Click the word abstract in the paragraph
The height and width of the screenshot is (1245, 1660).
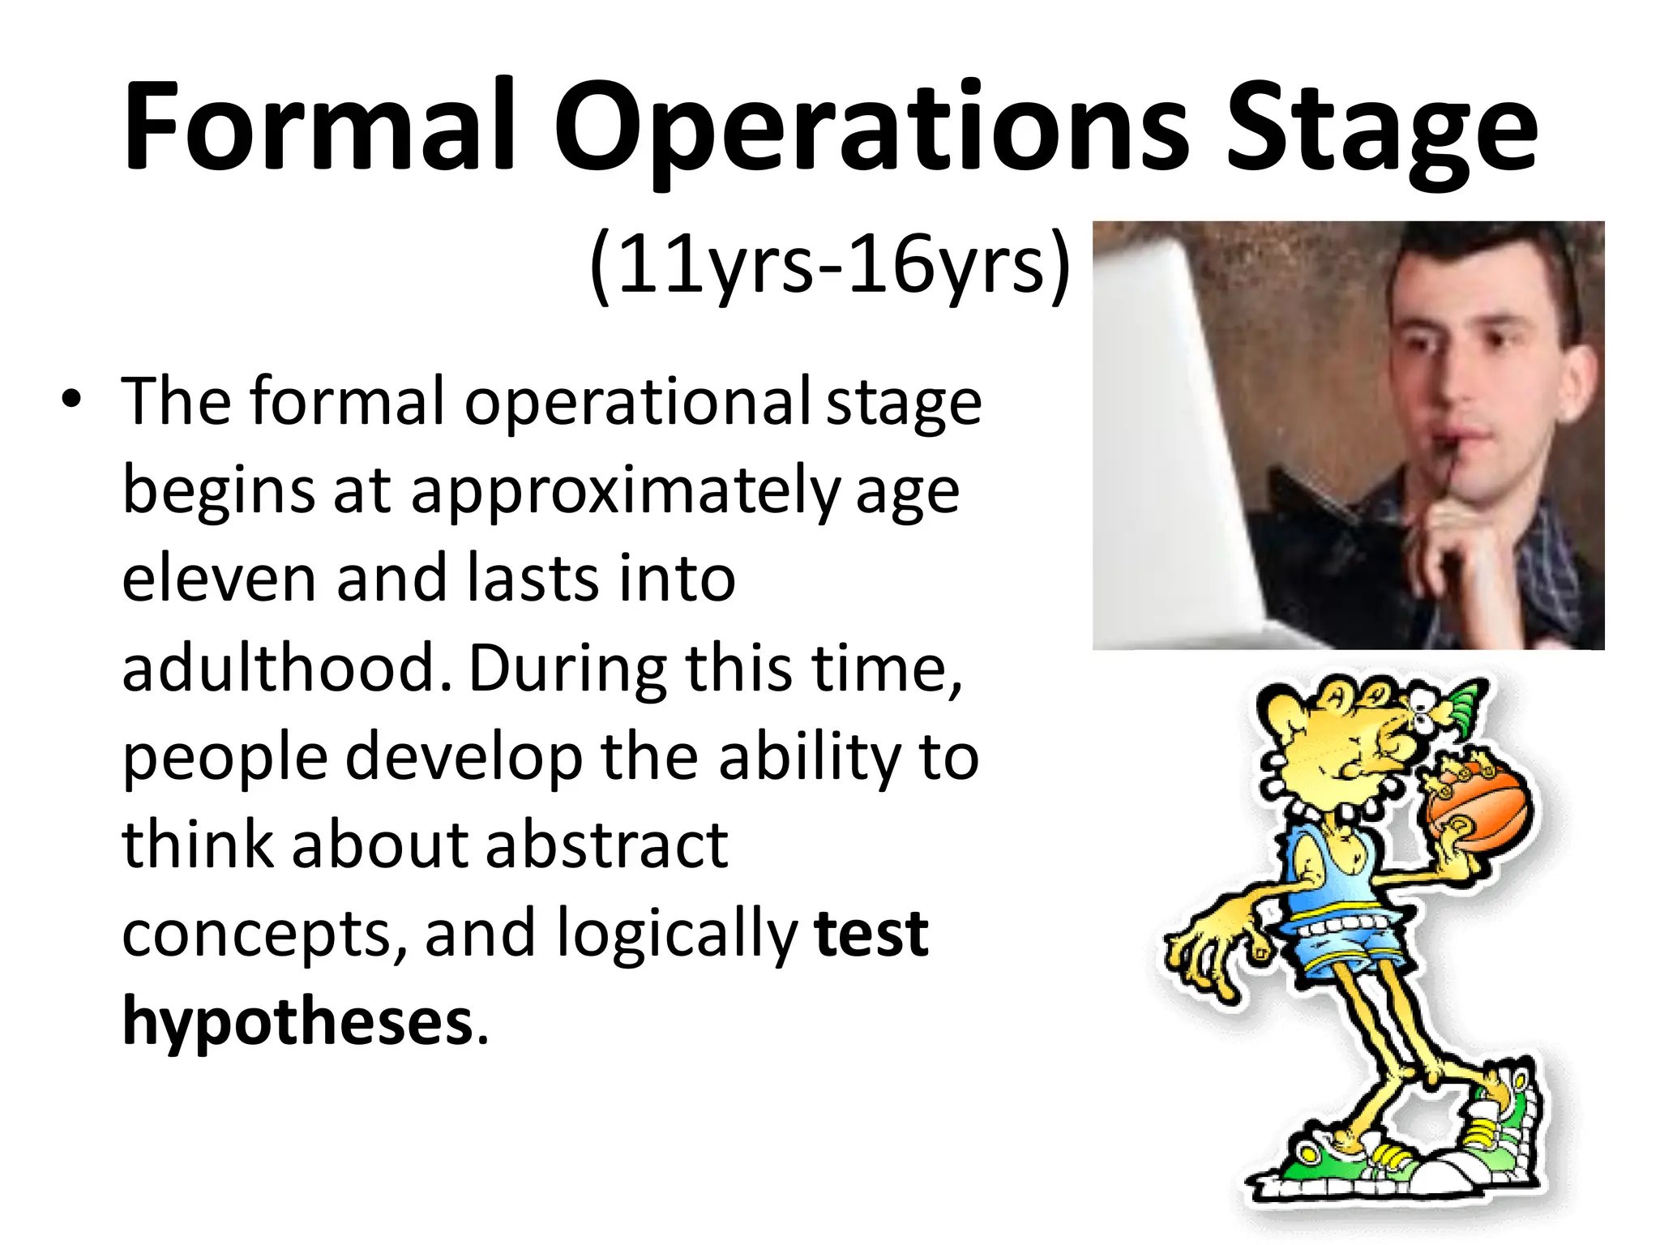[606, 845]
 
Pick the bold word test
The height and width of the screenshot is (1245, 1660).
[871, 934]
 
